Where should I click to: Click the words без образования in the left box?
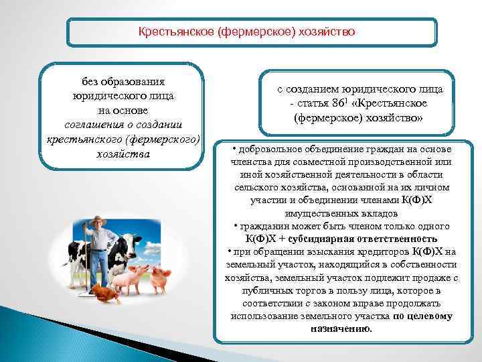coord(123,82)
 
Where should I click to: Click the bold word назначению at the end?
coord(341,328)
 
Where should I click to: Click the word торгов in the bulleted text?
coord(294,290)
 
